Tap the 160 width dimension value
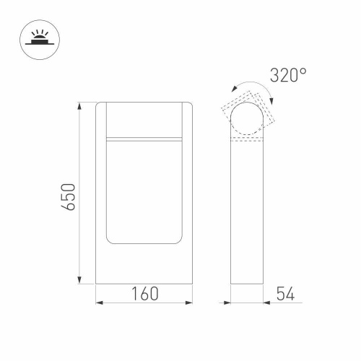point(144,295)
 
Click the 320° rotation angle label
point(287,74)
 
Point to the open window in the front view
point(144,191)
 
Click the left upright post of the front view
point(100,188)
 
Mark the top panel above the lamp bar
point(144,118)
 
